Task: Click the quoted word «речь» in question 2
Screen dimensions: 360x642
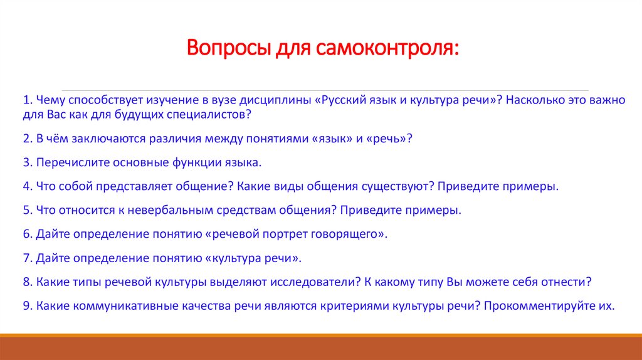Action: coord(386,139)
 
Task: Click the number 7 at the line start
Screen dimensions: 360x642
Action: coord(26,258)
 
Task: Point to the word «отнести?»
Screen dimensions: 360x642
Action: coord(567,282)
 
